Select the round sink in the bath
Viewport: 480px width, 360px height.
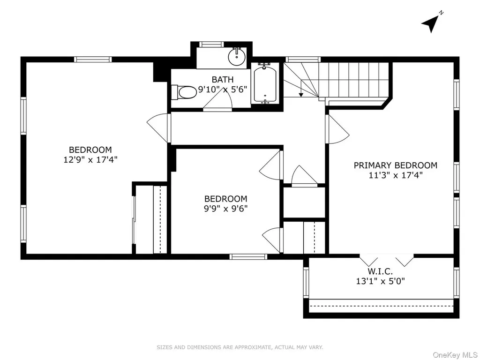tap(237, 57)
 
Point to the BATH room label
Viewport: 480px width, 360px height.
tap(223, 80)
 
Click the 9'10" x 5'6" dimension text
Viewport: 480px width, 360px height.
tap(223, 90)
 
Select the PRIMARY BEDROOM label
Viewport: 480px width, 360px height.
tap(396, 165)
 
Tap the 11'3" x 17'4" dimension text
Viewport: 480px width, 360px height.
tap(396, 175)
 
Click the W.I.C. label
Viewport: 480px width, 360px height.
tap(380, 271)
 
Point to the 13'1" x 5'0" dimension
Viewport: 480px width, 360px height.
tap(380, 281)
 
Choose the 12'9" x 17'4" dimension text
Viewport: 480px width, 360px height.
tap(90, 159)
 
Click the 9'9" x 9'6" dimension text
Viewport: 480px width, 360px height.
tap(225, 209)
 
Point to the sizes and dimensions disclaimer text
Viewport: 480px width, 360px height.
tap(240, 347)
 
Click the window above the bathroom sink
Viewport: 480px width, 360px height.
tap(211, 44)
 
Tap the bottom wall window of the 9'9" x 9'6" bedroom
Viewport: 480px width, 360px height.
tap(248, 257)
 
